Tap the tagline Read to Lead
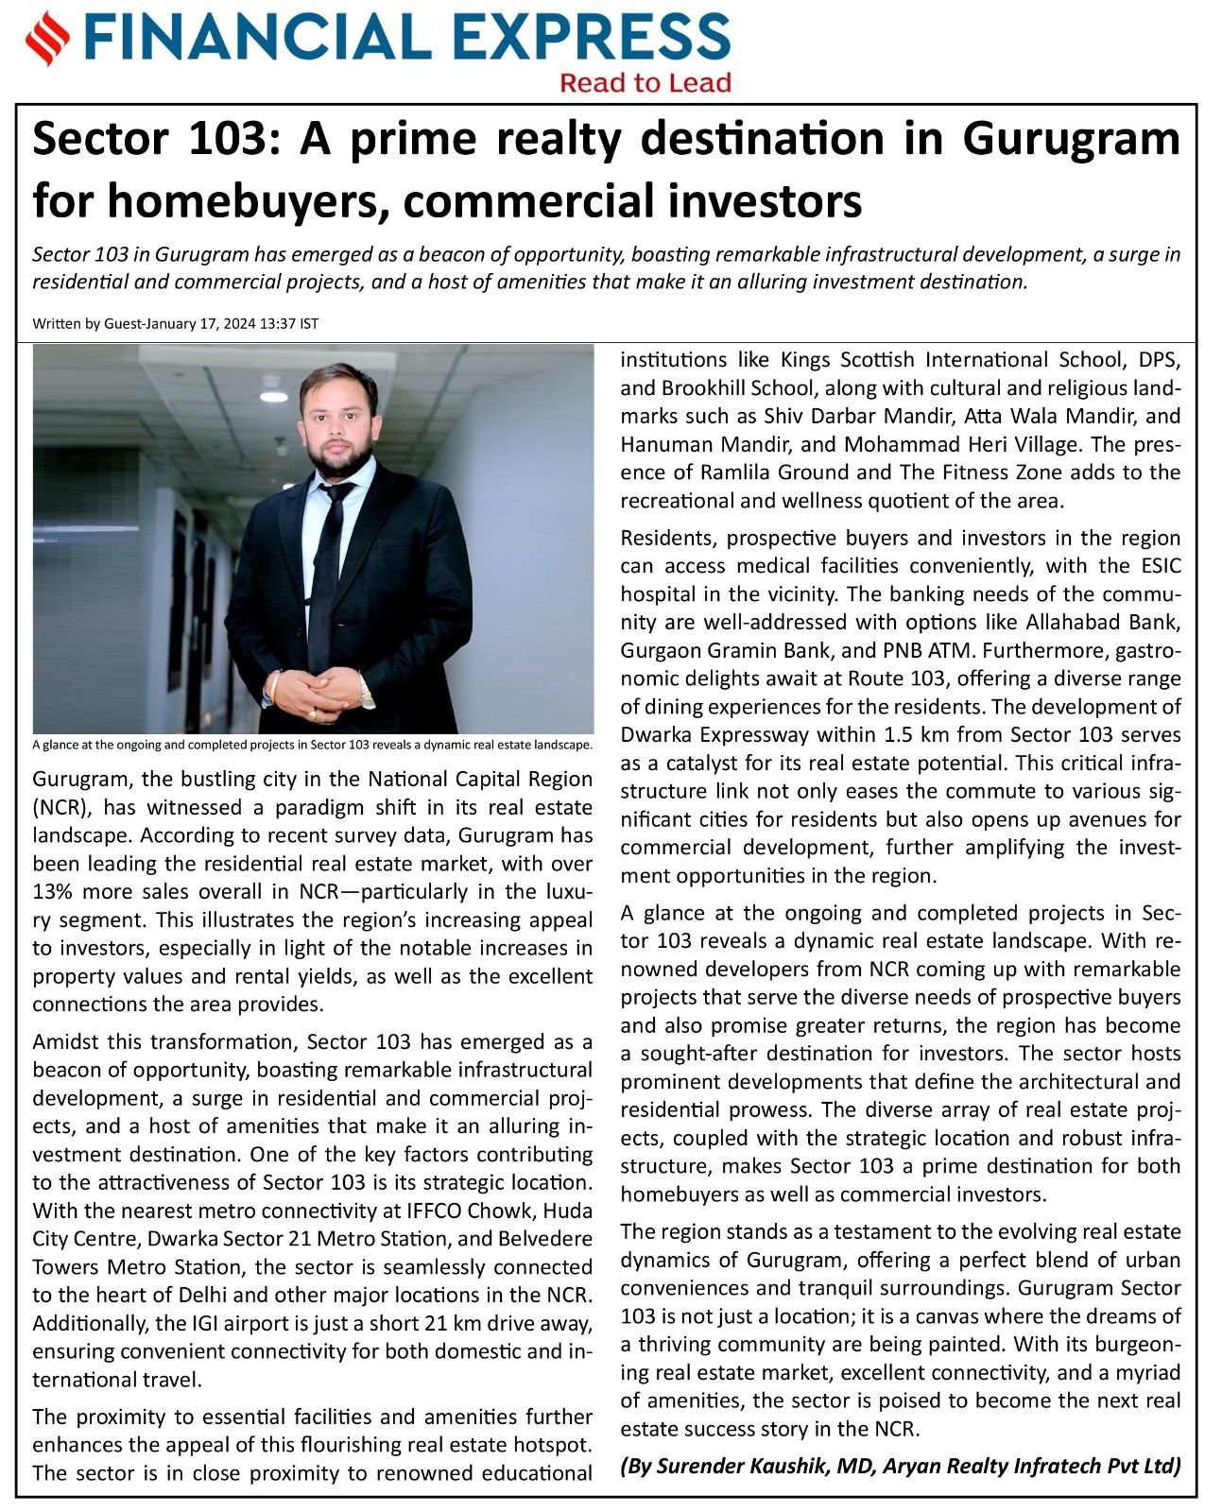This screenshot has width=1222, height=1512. [x=645, y=83]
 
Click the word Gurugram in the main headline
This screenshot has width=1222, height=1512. [x=1072, y=140]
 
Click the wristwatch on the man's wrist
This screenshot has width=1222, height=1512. [x=367, y=696]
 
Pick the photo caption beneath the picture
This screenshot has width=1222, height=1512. [x=313, y=745]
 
